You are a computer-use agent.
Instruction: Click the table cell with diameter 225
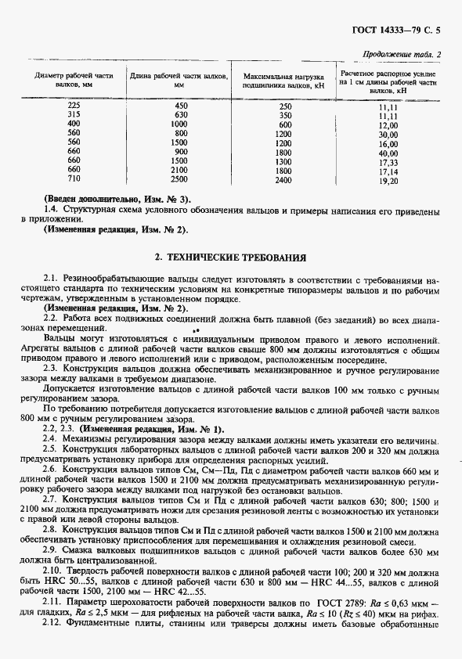pos(74,106)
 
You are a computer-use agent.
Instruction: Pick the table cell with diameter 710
pos(74,179)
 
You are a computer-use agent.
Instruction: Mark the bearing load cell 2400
pos(284,180)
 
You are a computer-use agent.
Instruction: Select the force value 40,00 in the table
pos(388,153)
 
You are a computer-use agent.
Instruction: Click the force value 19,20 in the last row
pos(388,181)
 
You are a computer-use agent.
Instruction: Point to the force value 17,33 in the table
pos(388,162)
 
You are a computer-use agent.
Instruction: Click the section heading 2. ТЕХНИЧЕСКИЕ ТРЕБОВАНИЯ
pos(230,257)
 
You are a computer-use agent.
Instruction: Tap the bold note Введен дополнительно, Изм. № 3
pos(117,199)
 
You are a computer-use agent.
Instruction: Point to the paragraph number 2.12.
pos(53,627)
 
